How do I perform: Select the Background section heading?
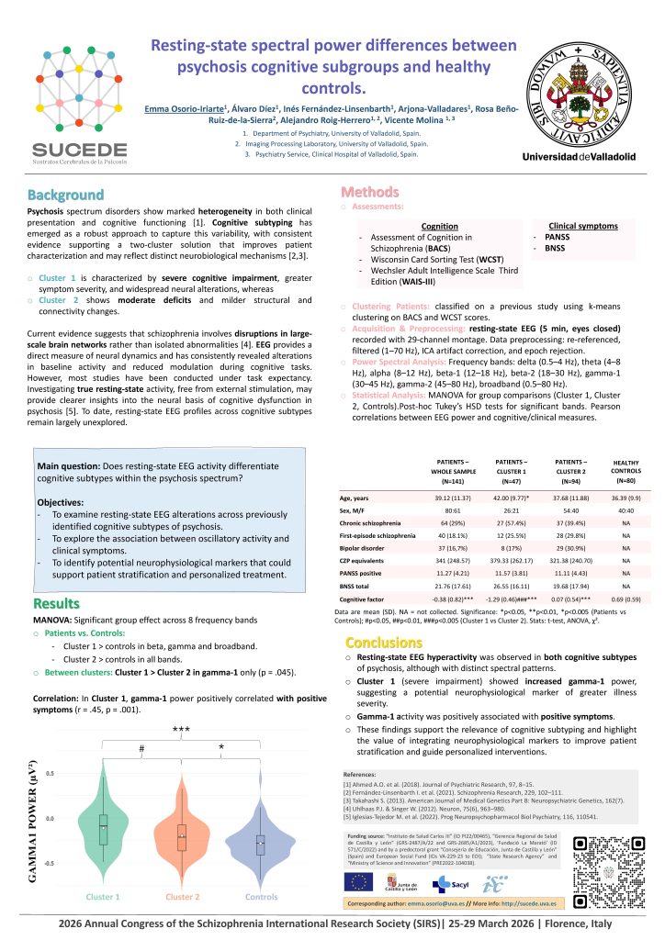coord(65,196)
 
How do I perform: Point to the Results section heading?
coord(62,604)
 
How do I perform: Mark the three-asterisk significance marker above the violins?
coord(182,730)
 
